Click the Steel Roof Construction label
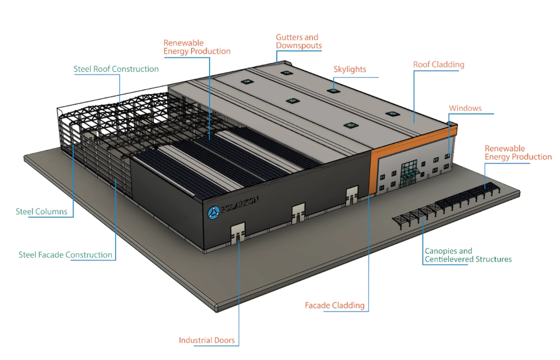pos(116,69)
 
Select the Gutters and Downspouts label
pos(299,42)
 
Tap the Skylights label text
pos(350,70)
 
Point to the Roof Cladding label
pos(439,65)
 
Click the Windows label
pos(465,109)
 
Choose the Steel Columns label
pos(42,212)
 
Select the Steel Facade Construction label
pos(65,255)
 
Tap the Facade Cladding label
pos(334,306)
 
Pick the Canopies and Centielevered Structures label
pos(468,256)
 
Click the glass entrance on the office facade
pos(409,173)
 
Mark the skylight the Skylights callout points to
pos(333,90)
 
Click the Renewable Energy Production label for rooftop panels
pos(196,47)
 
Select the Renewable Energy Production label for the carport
pos(517,153)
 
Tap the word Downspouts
pos(299,46)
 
